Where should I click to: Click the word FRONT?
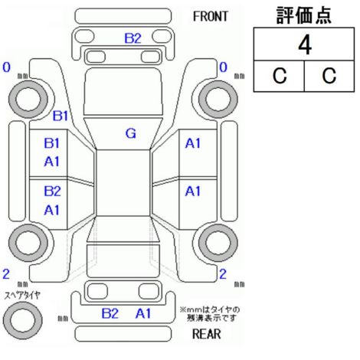[210, 17]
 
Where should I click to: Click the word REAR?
[206, 334]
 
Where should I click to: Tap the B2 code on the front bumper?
[133, 38]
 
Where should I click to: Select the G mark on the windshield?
[131, 133]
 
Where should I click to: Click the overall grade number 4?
[305, 45]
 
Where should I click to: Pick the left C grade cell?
[280, 76]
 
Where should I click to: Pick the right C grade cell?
[329, 76]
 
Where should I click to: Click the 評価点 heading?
[304, 15]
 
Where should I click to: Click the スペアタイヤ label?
[22, 296]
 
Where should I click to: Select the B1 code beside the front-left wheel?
[61, 116]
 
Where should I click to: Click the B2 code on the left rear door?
[52, 191]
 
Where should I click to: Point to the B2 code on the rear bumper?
[110, 313]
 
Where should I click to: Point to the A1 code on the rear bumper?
[143, 313]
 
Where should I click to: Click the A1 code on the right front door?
[193, 143]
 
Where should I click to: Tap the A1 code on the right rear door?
[193, 191]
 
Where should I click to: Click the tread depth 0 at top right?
[224, 67]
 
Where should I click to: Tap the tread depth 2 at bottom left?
[6, 274]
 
